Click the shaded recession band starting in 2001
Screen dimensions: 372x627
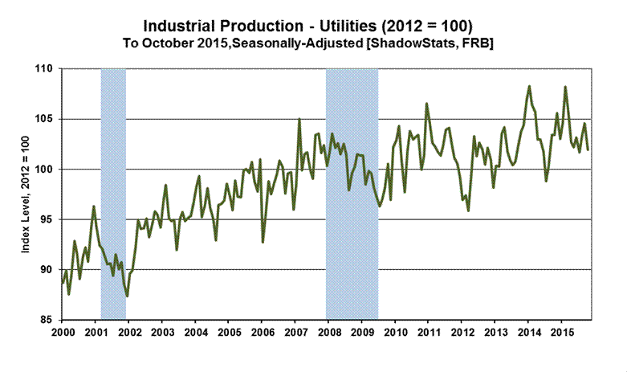click(113, 193)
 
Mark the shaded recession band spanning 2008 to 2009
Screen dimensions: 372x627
click(352, 193)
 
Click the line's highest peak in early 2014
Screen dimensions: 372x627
click(529, 86)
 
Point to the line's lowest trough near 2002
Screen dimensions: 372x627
click(128, 296)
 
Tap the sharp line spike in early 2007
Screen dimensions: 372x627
click(299, 120)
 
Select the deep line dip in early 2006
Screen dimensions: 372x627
click(263, 241)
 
